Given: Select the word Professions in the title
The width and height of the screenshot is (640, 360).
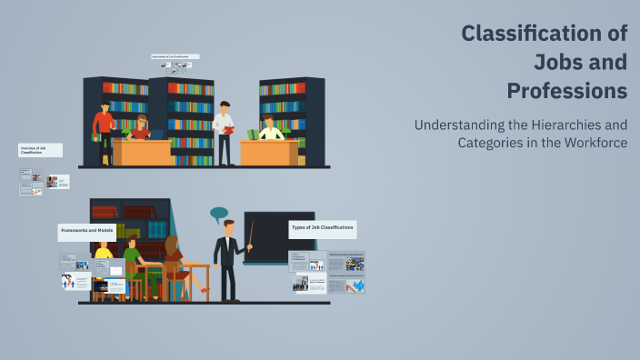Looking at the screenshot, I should tap(566, 91).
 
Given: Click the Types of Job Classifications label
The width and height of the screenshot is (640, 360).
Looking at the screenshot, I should tap(322, 225).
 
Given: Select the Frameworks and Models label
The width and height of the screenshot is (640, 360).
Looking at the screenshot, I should tap(86, 230).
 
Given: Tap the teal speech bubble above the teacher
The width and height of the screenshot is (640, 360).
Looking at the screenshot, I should tap(218, 215).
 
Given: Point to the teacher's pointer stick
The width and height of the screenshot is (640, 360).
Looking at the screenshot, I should tap(250, 234).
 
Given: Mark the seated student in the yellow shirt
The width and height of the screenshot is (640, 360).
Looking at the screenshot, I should tap(103, 252).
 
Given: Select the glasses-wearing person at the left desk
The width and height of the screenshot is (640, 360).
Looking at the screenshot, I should tap(140, 126).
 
